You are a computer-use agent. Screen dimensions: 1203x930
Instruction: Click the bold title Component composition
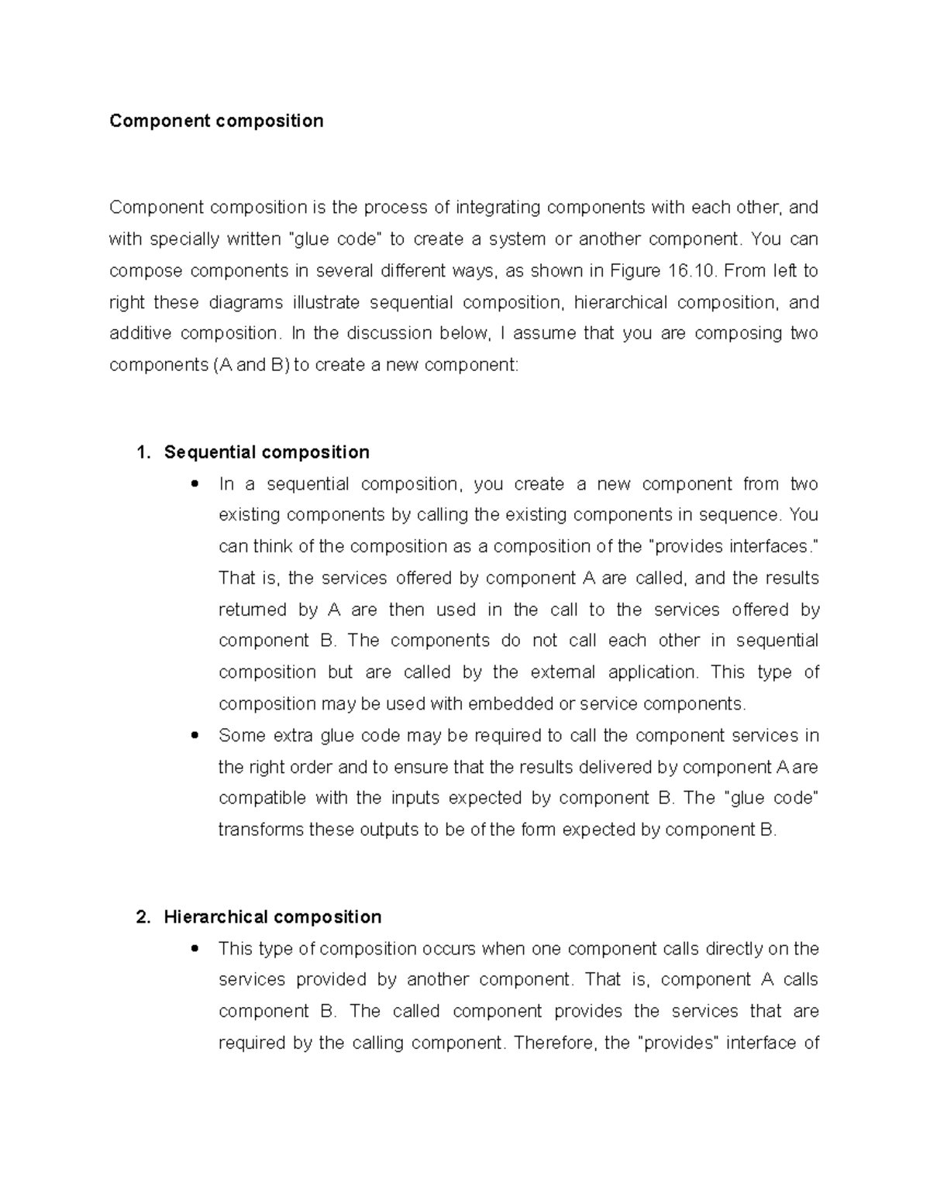click(x=216, y=121)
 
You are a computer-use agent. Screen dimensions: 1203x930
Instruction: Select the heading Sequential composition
click(x=267, y=452)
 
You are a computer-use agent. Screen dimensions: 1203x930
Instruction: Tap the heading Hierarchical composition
click(x=272, y=917)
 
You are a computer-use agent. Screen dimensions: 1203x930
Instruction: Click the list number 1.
click(x=141, y=452)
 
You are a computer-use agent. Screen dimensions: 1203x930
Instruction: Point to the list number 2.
click(x=141, y=917)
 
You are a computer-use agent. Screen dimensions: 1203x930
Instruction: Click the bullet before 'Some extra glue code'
click(x=195, y=735)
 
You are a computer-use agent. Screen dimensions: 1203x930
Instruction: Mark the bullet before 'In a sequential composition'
click(x=195, y=484)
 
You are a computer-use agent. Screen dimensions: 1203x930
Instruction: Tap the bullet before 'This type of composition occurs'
click(x=195, y=949)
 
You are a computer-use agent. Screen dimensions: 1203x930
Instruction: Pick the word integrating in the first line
click(x=498, y=208)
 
